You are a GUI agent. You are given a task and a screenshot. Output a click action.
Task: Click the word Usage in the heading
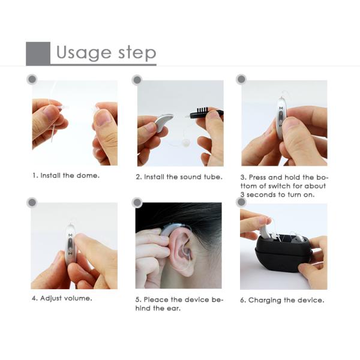click(x=83, y=53)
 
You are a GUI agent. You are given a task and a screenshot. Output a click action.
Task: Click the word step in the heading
click(x=137, y=53)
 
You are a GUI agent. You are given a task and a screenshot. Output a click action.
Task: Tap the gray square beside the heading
click(x=38, y=53)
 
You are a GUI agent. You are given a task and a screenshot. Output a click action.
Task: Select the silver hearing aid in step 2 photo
click(x=164, y=122)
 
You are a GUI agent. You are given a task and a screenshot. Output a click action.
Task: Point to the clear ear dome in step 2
click(x=185, y=143)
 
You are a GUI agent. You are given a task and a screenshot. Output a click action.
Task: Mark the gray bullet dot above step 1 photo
click(x=32, y=79)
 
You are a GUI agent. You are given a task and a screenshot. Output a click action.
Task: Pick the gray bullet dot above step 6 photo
click(x=241, y=202)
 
